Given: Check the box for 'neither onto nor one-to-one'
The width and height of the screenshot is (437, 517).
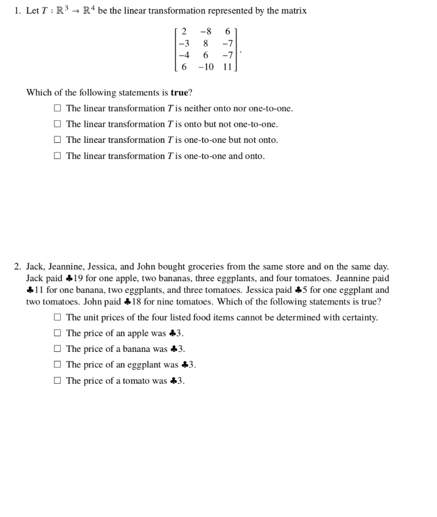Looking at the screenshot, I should tap(58, 109).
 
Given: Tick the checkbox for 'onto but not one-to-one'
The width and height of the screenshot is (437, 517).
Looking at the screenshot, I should tap(58, 124).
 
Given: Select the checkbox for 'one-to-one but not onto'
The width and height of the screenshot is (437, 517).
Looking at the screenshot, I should tap(58, 140).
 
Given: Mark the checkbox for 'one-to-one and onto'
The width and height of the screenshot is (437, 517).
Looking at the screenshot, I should tap(58, 156).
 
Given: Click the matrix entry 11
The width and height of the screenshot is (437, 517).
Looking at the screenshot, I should tap(227, 67).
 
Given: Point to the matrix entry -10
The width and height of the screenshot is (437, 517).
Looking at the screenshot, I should tap(205, 67).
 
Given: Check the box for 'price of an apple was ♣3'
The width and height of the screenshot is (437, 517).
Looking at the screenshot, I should tap(58, 333).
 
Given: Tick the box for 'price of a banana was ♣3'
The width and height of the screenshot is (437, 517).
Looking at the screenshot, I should tap(58, 349).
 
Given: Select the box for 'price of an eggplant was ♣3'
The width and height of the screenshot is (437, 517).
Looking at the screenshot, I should tap(58, 365).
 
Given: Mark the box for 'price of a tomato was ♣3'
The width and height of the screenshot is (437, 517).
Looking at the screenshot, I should tap(58, 381).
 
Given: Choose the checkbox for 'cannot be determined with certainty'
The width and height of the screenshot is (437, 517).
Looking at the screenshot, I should tap(58, 318).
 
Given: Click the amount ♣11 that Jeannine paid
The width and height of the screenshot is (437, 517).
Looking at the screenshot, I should tap(35, 290).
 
